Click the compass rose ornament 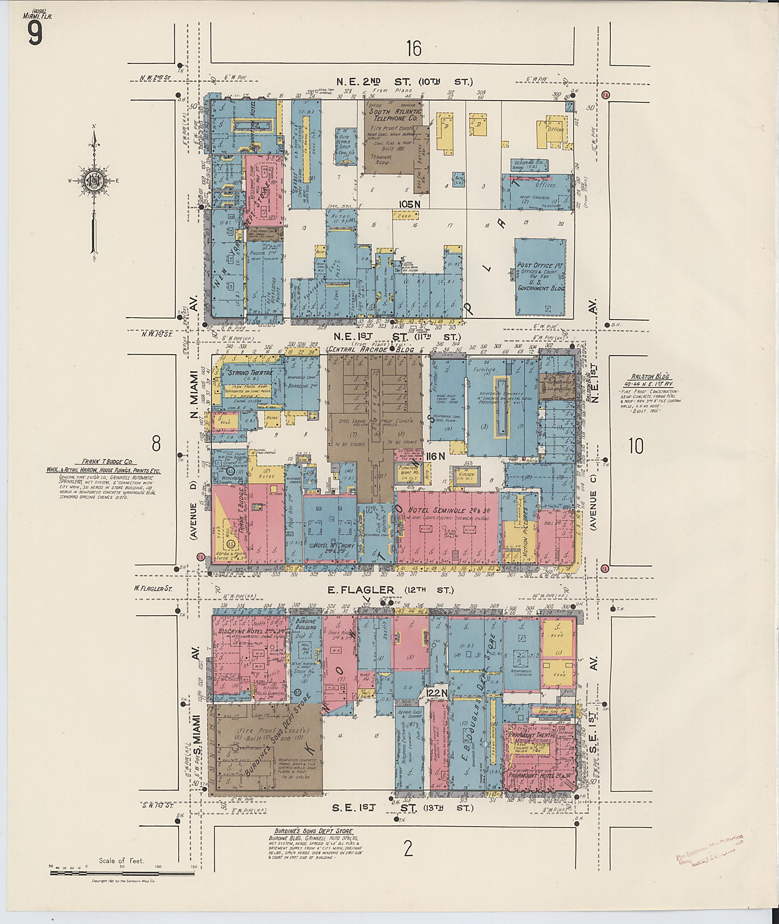(94, 181)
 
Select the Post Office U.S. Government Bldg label (541, 277)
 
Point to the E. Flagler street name (361, 590)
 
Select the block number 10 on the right (636, 446)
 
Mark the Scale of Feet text (121, 860)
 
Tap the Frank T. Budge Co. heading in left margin (102, 460)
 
